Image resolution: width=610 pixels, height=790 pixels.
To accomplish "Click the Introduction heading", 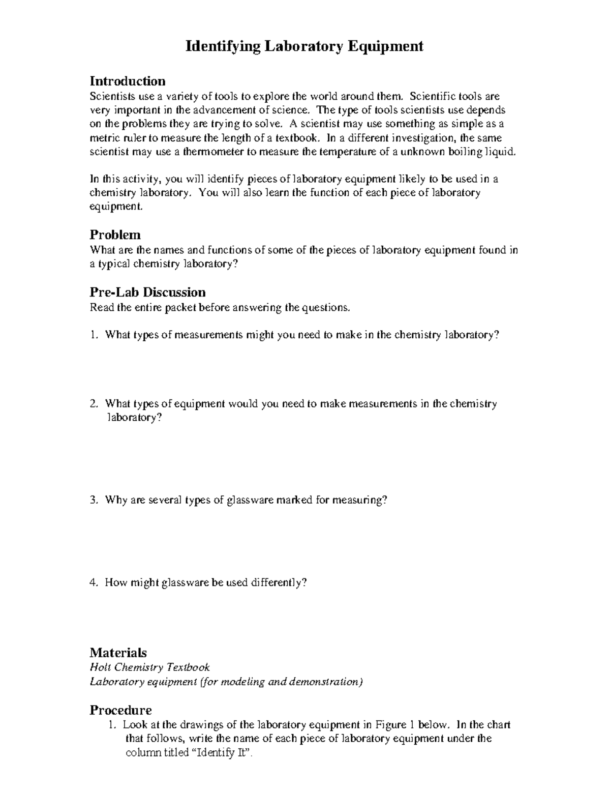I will tap(127, 81).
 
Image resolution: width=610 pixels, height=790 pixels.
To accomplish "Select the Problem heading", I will tap(115, 235).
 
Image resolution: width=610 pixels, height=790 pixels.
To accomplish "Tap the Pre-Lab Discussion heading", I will tap(147, 292).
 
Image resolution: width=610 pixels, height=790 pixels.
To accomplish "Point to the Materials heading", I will tap(118, 653).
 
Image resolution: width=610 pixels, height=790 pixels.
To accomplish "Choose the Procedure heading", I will tap(120, 710).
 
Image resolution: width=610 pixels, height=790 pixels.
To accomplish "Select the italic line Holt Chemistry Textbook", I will tap(149, 667).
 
